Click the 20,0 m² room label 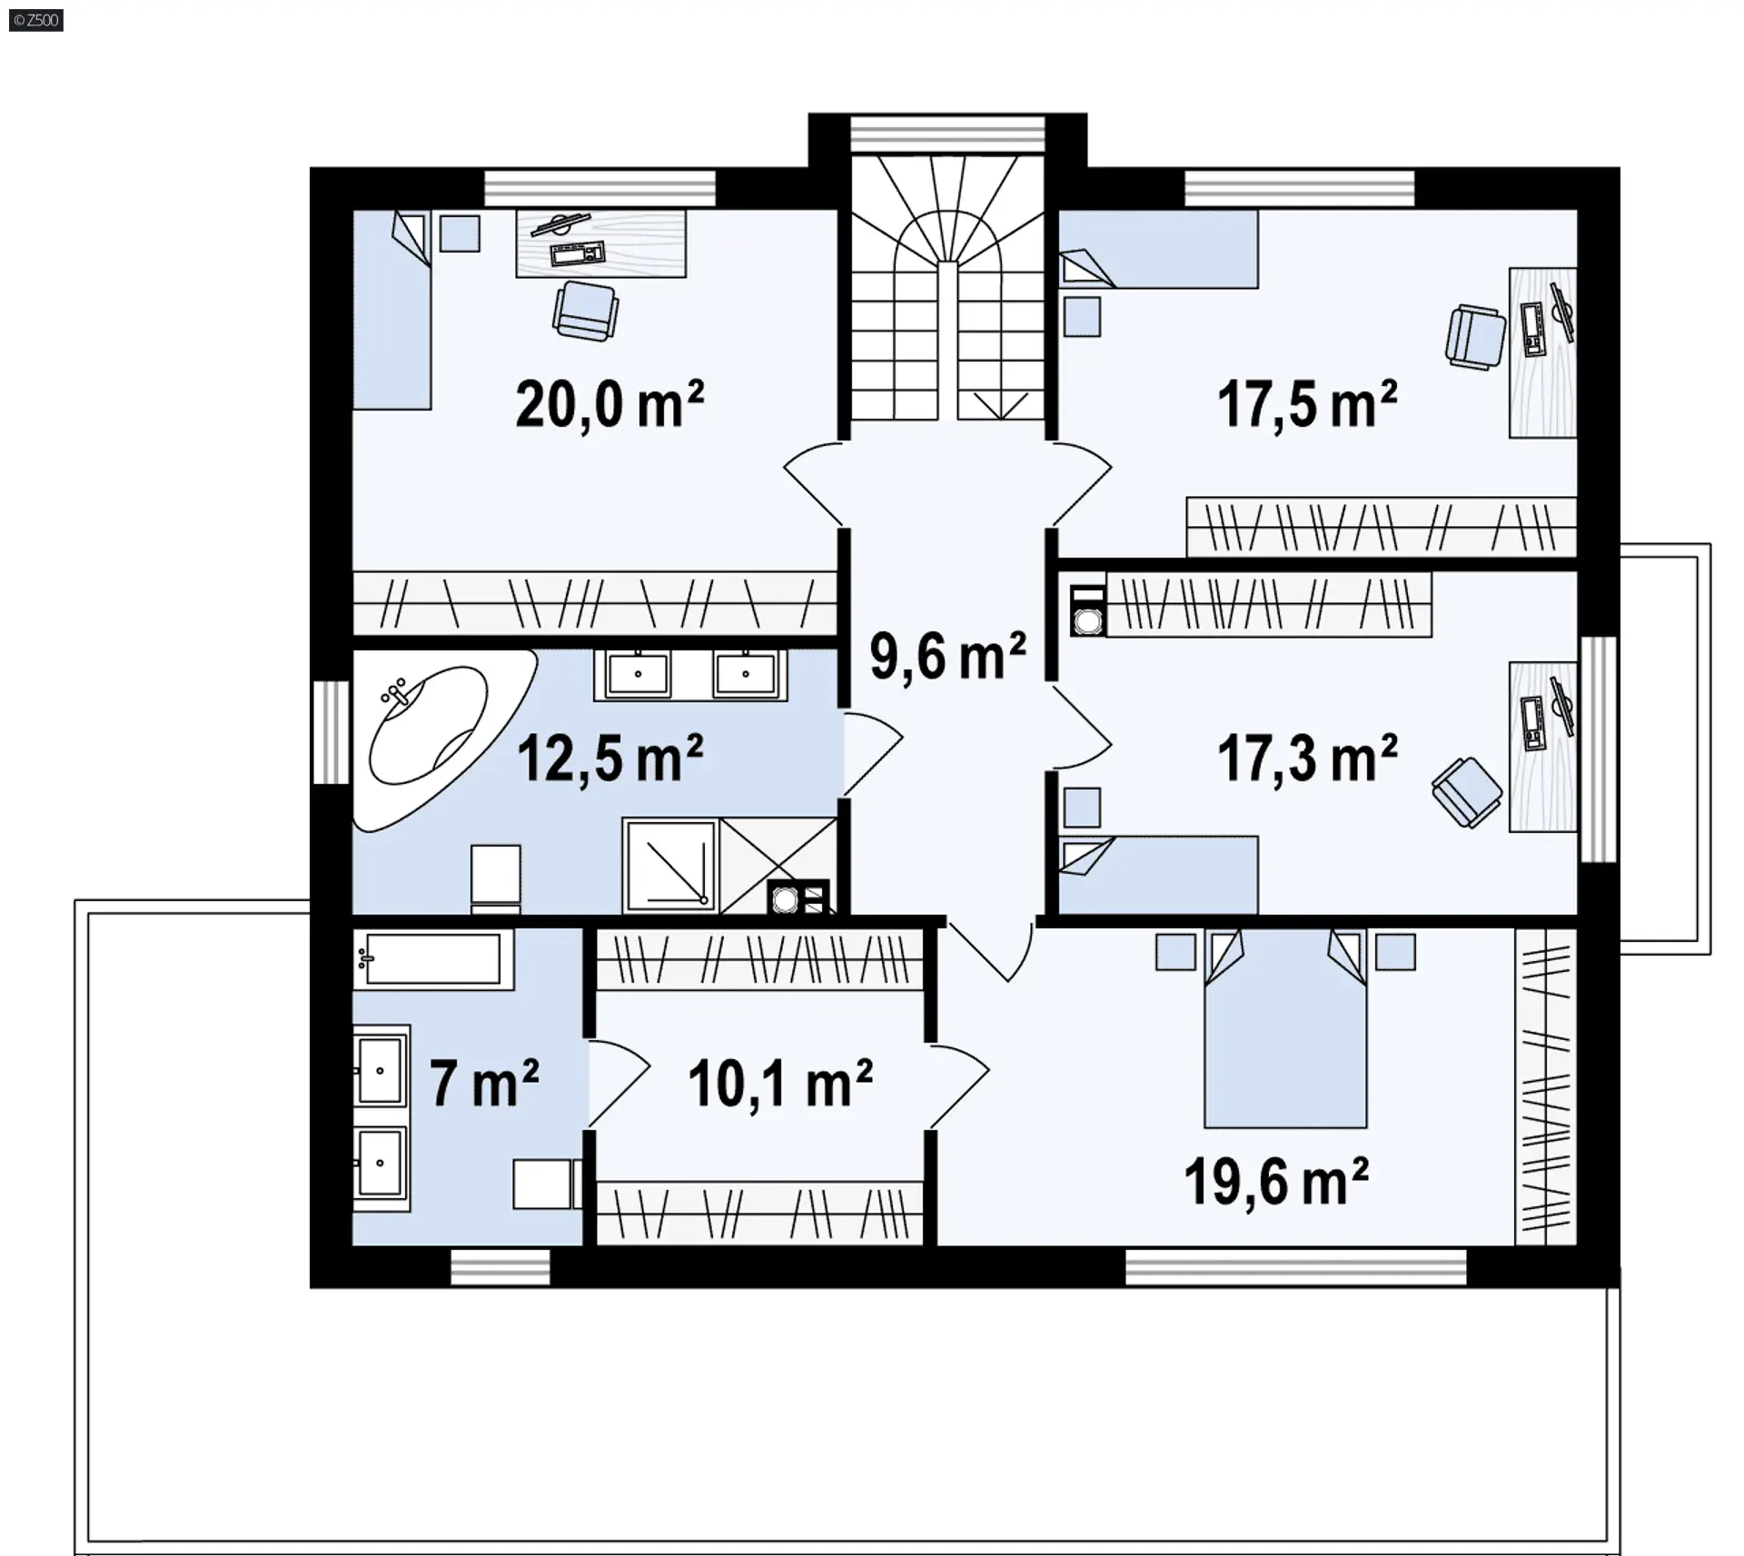coord(609,404)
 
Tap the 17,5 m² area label coord(1306,404)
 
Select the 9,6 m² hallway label coord(947,656)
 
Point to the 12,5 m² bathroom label coord(609,758)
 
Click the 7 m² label coord(484,1083)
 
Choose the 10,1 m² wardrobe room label coord(780,1083)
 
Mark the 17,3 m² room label coord(1306,758)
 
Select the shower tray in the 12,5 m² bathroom coord(670,866)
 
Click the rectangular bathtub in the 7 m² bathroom coord(432,958)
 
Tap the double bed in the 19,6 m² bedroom coord(1285,1027)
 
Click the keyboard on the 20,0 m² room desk coord(578,253)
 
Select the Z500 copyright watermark coord(36,20)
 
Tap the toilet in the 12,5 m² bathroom coord(496,878)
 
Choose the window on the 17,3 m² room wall coord(1600,749)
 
